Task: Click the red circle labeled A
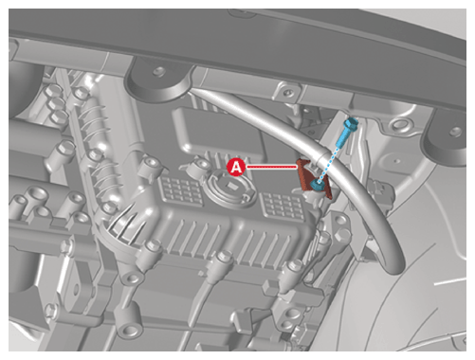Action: (236, 167)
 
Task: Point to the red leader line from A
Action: (271, 167)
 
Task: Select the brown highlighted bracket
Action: (313, 178)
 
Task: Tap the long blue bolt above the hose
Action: (346, 132)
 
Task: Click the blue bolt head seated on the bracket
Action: (317, 185)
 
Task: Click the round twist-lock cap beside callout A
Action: (228, 189)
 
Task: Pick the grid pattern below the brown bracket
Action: (283, 205)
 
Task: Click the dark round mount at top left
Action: (156, 81)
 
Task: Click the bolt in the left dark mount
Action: (159, 71)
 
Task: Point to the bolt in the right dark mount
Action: (455, 130)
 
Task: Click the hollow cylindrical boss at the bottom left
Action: (130, 330)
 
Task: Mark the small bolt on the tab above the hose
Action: (287, 93)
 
